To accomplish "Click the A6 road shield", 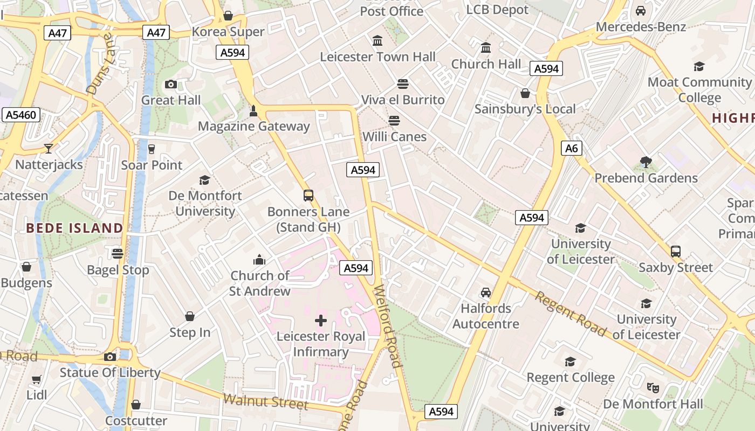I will tap(572, 148).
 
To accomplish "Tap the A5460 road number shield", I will tap(22, 115).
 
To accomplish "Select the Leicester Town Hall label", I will tap(377, 57).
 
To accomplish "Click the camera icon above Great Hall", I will tap(171, 84).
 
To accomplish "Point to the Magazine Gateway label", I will tap(253, 126).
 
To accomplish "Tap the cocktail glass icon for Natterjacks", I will tap(49, 148).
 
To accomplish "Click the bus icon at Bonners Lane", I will tap(308, 196).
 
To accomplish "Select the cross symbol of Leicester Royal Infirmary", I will tap(321, 321).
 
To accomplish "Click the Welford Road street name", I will tap(387, 326).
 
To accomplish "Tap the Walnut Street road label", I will tap(265, 402).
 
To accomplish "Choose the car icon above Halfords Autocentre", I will tap(486, 293).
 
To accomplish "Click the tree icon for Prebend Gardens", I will tap(646, 162).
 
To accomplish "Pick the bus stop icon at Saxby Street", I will tap(676, 251).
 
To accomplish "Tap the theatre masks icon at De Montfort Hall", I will tap(653, 387).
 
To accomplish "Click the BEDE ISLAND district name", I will tap(74, 228).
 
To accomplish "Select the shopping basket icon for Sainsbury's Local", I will tap(525, 93).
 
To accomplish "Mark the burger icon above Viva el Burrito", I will tap(402, 84).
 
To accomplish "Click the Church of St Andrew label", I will tap(260, 283).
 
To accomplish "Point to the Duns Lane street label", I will tap(100, 64).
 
